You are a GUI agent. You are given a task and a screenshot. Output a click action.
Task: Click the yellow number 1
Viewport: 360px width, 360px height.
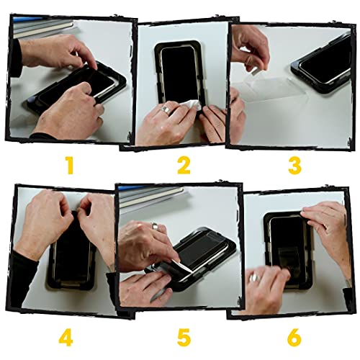[69, 166]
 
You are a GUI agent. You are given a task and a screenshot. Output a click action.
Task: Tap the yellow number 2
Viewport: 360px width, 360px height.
[184, 166]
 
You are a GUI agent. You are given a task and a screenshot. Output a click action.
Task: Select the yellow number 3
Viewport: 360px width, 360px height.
[294, 166]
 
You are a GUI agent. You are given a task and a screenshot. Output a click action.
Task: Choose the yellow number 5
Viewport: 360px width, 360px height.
[184, 336]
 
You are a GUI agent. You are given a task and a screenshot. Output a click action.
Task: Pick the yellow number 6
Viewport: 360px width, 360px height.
[294, 336]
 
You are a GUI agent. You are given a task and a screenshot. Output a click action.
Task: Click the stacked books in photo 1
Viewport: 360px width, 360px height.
[40, 27]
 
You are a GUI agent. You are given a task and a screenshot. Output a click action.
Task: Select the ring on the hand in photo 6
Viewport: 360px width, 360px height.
[254, 278]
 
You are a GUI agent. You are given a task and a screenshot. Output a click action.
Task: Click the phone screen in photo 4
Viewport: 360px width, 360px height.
[72, 252]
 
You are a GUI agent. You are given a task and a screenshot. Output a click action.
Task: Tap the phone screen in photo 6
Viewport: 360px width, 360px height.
[288, 241]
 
